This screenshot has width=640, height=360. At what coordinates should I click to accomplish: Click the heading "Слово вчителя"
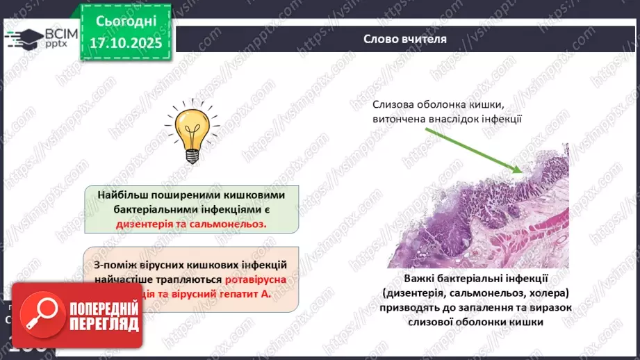point(405,40)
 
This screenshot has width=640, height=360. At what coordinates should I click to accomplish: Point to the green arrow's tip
point(523,171)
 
